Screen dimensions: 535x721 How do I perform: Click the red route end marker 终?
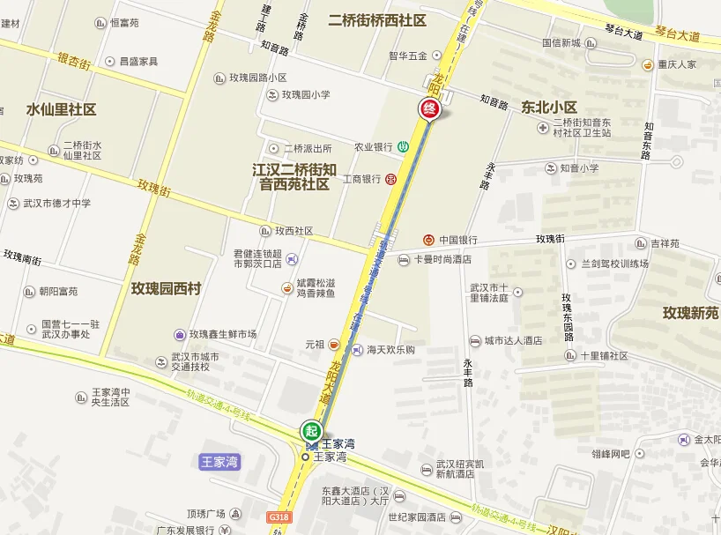pyautogui.click(x=428, y=108)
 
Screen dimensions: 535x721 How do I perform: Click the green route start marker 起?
pyautogui.click(x=310, y=431)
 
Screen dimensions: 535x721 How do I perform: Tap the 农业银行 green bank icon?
pyautogui.click(x=402, y=146)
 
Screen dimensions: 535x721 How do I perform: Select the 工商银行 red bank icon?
pyautogui.click(x=390, y=179)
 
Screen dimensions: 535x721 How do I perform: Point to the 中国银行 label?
pyautogui.click(x=458, y=240)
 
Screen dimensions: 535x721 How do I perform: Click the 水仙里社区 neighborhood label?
pyautogui.click(x=61, y=109)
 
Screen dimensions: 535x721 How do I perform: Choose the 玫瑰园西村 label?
pyautogui.click(x=167, y=288)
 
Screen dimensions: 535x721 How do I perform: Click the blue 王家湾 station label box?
pyautogui.click(x=220, y=461)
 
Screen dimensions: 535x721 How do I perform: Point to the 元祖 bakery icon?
pyautogui.click(x=334, y=345)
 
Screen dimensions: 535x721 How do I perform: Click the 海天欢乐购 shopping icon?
pyautogui.click(x=357, y=350)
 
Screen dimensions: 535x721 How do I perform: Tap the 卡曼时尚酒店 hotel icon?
pyautogui.click(x=404, y=260)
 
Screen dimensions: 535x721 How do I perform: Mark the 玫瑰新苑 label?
pyautogui.click(x=691, y=313)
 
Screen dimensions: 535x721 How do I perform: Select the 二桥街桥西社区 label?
pyautogui.click(x=376, y=19)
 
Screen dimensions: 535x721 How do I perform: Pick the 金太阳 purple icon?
pyautogui.click(x=684, y=439)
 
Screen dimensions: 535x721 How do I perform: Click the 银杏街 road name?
pyautogui.click(x=74, y=61)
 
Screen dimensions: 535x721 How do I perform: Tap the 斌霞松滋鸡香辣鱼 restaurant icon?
pyautogui.click(x=286, y=287)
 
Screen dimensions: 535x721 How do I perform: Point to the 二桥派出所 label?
pyautogui.click(x=308, y=148)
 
